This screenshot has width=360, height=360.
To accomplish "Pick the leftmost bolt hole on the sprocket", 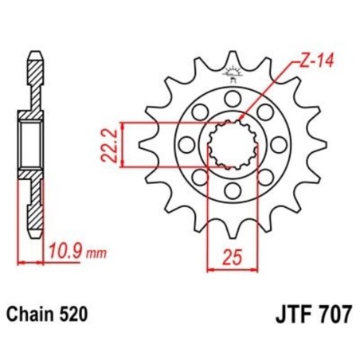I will click(186, 146).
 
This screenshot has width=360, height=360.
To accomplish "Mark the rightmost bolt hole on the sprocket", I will click(278, 146).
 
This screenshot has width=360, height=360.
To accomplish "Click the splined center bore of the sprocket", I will click(232, 146).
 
